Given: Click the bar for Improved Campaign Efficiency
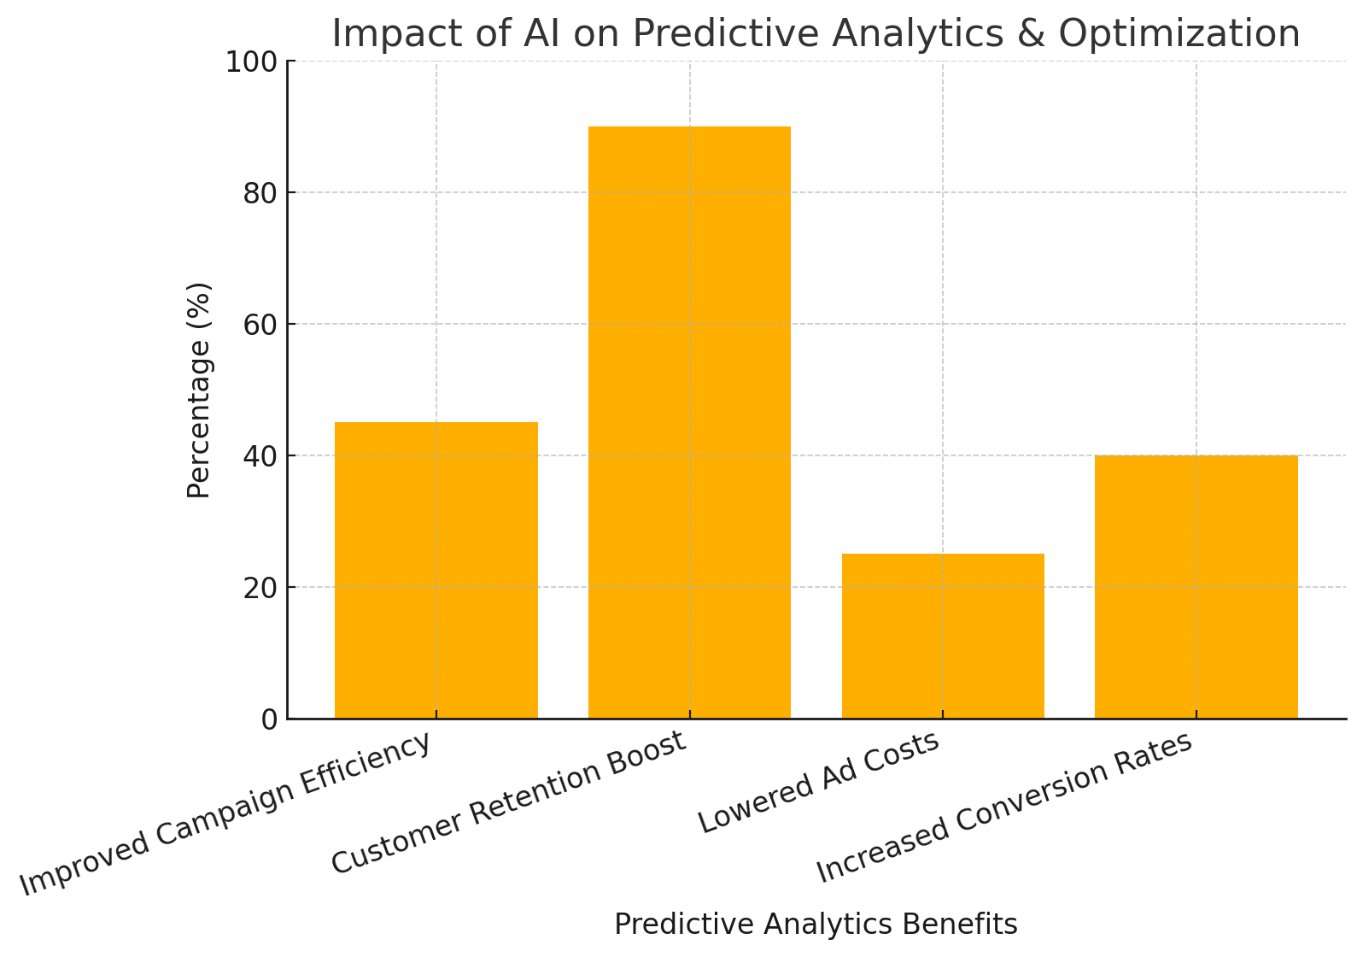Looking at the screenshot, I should pyautogui.click(x=436, y=570).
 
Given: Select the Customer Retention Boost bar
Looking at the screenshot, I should pyautogui.click(x=689, y=422).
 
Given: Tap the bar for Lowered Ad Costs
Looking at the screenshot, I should pyautogui.click(x=943, y=636).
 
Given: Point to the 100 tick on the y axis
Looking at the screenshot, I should pyautogui.click(x=252, y=62).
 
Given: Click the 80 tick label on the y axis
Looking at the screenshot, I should pyautogui.click(x=260, y=193).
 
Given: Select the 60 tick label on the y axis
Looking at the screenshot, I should pyautogui.click(x=260, y=325).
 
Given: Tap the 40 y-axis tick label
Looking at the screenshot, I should pyautogui.click(x=260, y=456).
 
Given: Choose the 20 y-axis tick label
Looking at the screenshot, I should pyautogui.click(x=260, y=588).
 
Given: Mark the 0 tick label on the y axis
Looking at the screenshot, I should pyautogui.click(x=269, y=719).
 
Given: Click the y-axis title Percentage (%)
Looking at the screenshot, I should pyautogui.click(x=198, y=390).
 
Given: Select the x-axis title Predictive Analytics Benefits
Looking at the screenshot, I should pyautogui.click(x=816, y=925).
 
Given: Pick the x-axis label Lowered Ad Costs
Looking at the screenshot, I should pyautogui.click(x=819, y=782).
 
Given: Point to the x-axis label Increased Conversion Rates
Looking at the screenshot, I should pyautogui.click(x=1004, y=807).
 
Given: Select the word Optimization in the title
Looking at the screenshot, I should pyautogui.click(x=1179, y=34).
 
